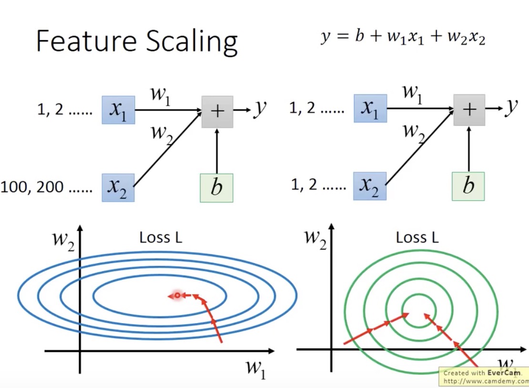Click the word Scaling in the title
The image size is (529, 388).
tap(192, 42)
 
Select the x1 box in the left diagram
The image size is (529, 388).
tap(118, 110)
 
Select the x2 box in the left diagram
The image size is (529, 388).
tap(118, 187)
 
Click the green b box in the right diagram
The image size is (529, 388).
tap(468, 186)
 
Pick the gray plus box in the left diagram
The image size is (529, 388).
tap(217, 112)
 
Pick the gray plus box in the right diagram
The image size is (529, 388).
tap(469, 110)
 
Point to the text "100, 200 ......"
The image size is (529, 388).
tap(46, 187)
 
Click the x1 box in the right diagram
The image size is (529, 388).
tap(370, 108)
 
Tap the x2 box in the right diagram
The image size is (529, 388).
tap(370, 186)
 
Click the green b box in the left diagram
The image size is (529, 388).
tap(216, 188)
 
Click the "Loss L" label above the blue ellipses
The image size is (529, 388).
tap(161, 237)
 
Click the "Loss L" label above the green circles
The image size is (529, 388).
tap(417, 237)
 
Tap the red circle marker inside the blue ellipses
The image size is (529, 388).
tap(177, 296)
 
